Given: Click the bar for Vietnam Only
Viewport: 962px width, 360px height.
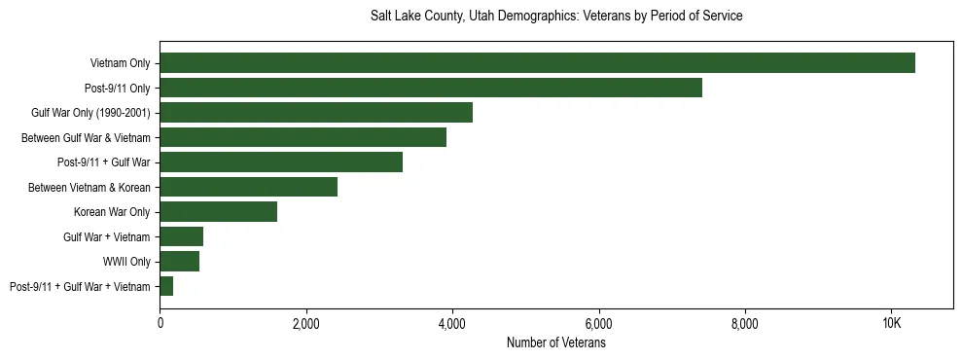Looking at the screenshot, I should tap(537, 63).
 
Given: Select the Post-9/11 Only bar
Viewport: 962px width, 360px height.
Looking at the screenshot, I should tap(431, 89).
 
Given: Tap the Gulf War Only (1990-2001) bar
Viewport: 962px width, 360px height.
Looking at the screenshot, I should tap(316, 113).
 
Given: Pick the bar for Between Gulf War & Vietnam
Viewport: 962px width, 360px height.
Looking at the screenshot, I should tap(303, 137).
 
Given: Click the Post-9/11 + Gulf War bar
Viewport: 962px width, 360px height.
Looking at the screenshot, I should tap(281, 162).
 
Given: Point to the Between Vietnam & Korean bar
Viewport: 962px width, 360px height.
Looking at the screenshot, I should tap(248, 187).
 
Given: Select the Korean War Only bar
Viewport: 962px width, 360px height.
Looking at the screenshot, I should tap(218, 212).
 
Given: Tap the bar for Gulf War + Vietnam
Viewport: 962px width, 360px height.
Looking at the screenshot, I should tap(181, 236).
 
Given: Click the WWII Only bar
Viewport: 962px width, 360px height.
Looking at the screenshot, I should tap(179, 261).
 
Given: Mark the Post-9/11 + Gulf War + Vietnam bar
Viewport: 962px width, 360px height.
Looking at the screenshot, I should tap(166, 286).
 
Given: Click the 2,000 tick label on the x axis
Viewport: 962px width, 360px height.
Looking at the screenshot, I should tap(305, 324).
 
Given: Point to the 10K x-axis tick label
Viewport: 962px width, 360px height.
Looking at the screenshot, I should tap(891, 324).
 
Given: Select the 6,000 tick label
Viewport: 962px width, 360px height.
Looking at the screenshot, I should tap(598, 324).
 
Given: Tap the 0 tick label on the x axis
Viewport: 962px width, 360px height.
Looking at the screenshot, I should tap(160, 324).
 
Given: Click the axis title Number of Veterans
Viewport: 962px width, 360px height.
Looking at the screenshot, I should tap(556, 342).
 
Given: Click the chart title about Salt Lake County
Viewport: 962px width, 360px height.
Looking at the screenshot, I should tap(556, 17).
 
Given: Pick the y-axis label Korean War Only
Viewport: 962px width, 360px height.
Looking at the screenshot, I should tap(112, 212).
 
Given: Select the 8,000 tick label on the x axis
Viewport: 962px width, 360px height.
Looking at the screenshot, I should tap(744, 324).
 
